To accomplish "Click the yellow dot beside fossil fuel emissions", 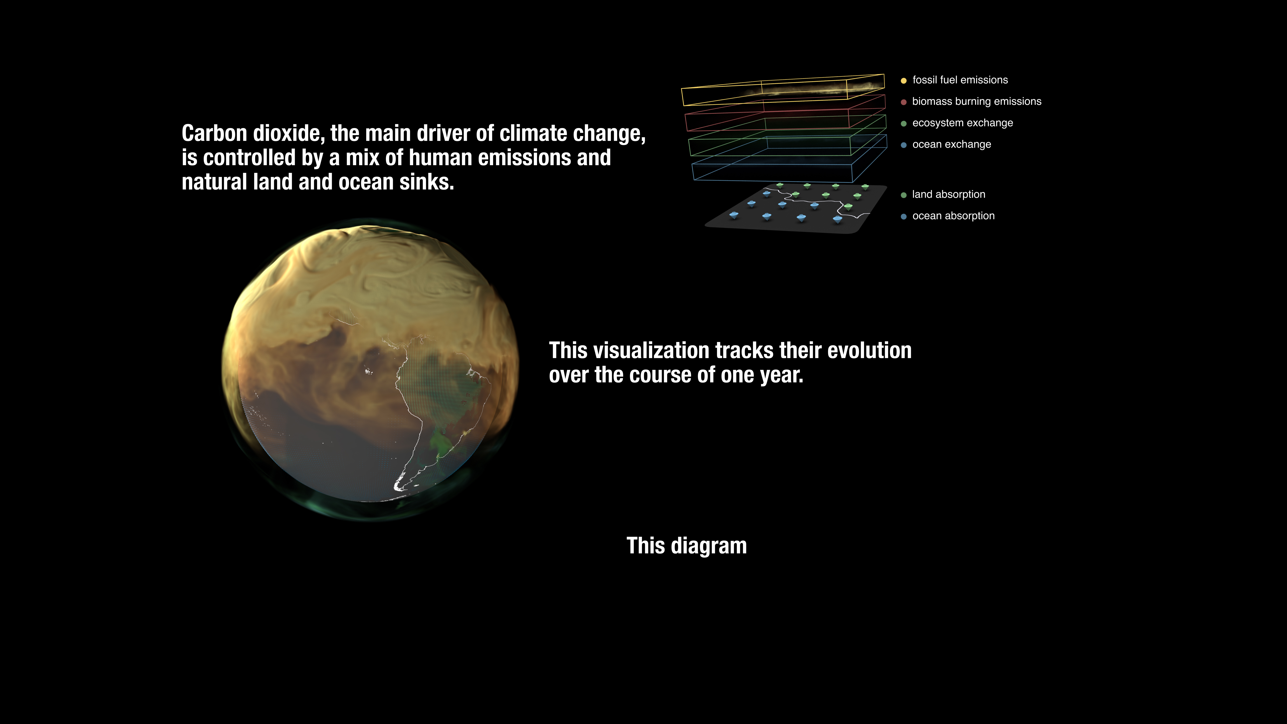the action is tap(903, 80).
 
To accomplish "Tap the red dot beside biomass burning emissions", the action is tap(903, 102).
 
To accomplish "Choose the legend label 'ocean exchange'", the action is tap(952, 144).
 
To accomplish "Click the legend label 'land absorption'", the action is tap(949, 194).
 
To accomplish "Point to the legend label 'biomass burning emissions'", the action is tap(977, 101).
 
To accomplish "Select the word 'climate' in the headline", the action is tap(533, 133).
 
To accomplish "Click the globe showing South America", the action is tap(370, 370).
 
